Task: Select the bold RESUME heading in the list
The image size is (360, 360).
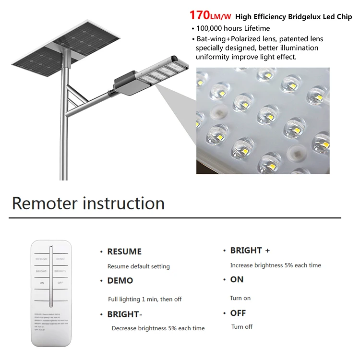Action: pyautogui.click(x=124, y=252)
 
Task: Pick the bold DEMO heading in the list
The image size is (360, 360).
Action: pyautogui.click(x=120, y=280)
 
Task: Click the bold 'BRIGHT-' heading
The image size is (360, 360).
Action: pyautogui.click(x=125, y=314)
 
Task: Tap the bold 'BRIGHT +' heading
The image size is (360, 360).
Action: pyautogui.click(x=250, y=251)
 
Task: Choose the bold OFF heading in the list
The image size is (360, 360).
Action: pyautogui.click(x=238, y=313)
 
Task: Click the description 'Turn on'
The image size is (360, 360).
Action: pyautogui.click(x=240, y=298)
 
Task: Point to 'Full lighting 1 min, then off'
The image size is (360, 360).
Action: pyautogui.click(x=144, y=299)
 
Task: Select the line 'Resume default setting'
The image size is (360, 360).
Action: pyautogui.click(x=138, y=266)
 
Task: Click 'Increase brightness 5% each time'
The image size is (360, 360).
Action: pyautogui.click(x=276, y=265)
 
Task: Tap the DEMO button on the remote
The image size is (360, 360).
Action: pyautogui.click(x=60, y=259)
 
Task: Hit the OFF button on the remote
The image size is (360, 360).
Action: pyautogui.click(x=60, y=283)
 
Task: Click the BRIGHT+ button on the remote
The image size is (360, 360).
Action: pyautogui.click(x=60, y=271)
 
